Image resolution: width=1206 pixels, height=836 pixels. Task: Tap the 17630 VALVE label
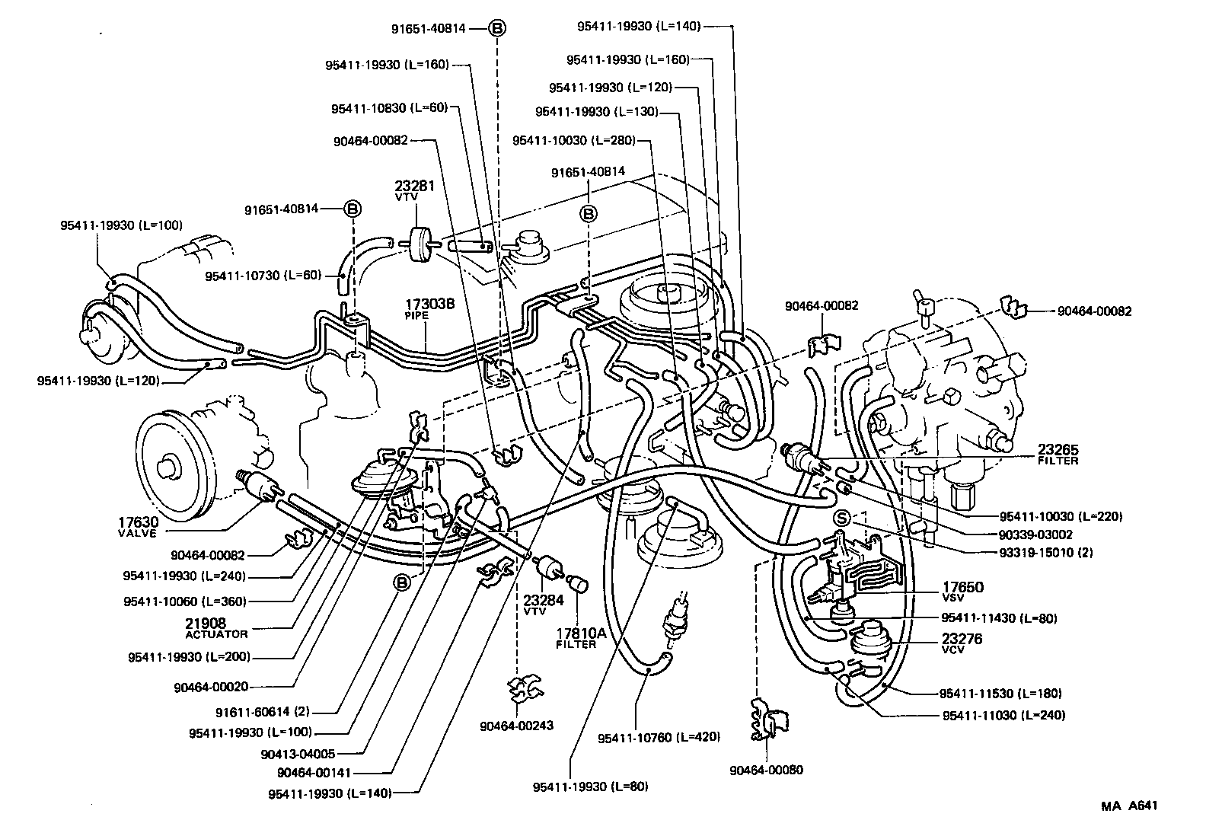click(x=138, y=526)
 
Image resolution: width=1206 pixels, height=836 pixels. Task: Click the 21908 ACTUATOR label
click(x=216, y=627)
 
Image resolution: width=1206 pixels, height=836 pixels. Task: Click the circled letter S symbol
click(x=841, y=517)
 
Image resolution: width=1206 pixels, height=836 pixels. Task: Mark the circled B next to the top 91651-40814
click(x=496, y=28)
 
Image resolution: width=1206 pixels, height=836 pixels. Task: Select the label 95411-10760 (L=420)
click(x=659, y=737)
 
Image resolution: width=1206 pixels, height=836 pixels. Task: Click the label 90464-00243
click(x=516, y=726)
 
